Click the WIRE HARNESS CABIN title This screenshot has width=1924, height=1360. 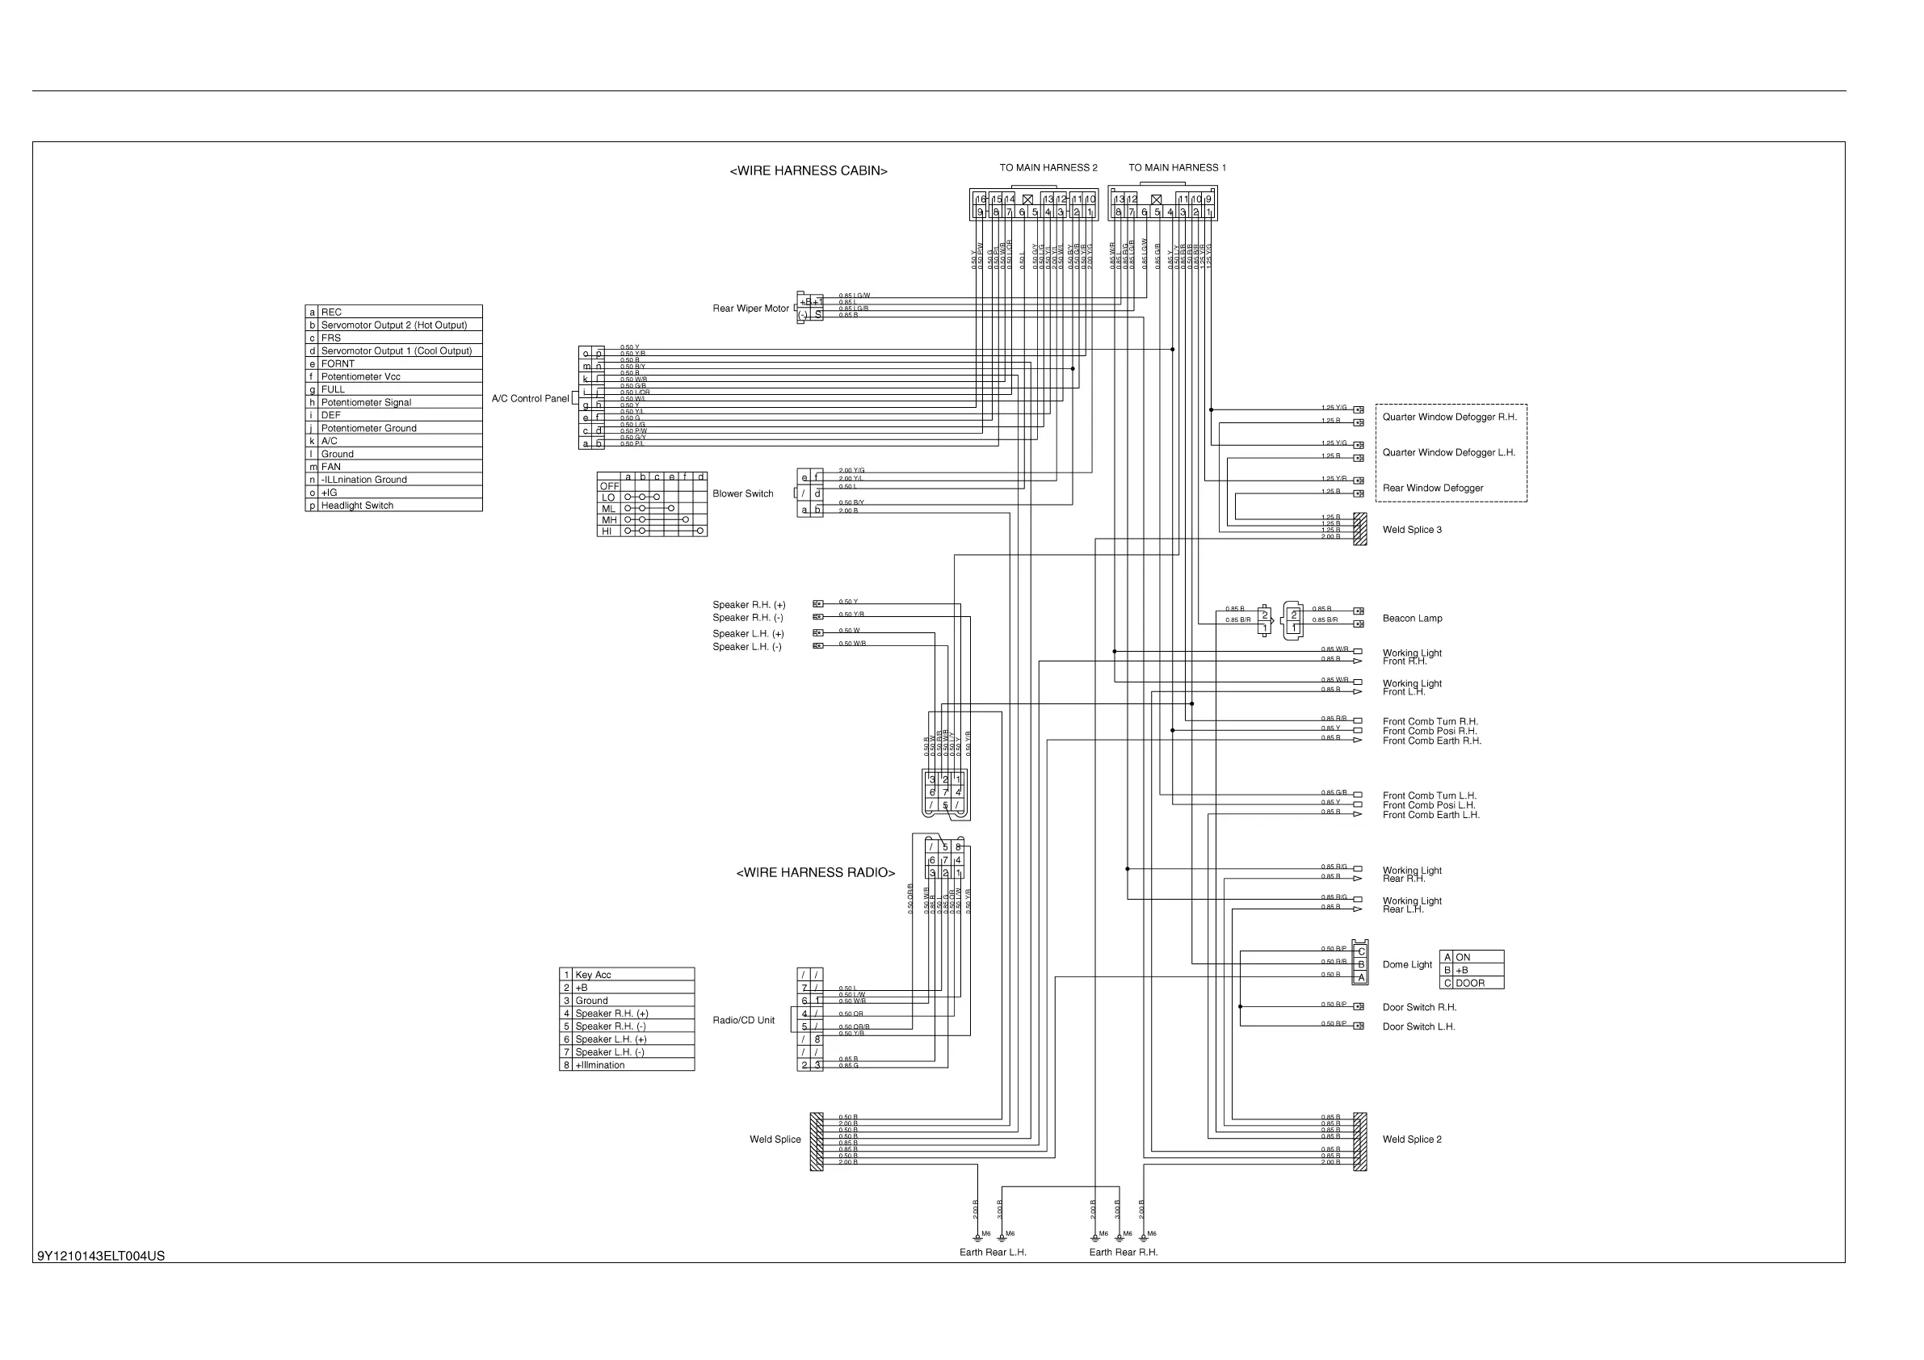(808, 171)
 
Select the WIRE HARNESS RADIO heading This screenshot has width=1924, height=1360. (815, 872)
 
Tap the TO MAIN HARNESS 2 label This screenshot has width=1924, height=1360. (1048, 168)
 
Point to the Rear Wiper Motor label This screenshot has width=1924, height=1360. (750, 309)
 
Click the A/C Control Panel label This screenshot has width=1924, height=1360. (530, 399)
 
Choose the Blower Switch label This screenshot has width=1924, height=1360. (742, 493)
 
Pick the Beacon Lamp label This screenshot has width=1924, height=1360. (1412, 619)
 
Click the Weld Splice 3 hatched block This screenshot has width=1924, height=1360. (1359, 529)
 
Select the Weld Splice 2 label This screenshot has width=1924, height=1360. (1412, 1140)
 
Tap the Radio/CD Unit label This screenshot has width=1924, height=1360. (743, 1020)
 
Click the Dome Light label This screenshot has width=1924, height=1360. (1407, 964)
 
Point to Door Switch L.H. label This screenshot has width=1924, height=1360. (1418, 1026)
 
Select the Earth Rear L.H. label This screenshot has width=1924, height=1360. (992, 1252)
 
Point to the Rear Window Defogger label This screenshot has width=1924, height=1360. (1432, 488)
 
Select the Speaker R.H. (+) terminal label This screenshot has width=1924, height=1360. (748, 604)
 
